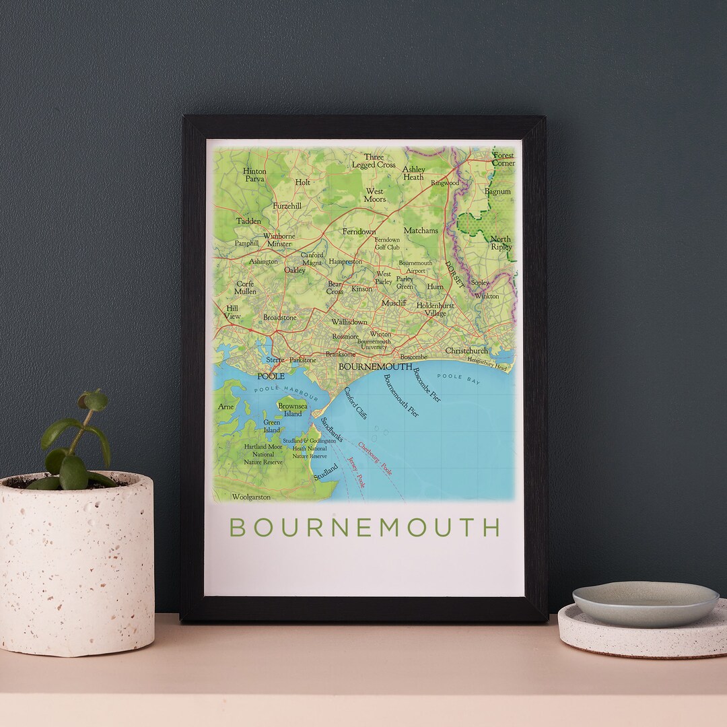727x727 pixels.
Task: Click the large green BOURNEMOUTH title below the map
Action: click(x=364, y=527)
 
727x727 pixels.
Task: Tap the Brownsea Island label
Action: click(x=292, y=410)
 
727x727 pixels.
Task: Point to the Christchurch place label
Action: click(x=466, y=351)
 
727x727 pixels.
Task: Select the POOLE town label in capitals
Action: click(x=271, y=376)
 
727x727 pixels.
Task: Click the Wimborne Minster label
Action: click(x=279, y=240)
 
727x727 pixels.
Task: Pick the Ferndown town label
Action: click(x=359, y=232)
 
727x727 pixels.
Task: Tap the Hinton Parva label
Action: click(x=254, y=175)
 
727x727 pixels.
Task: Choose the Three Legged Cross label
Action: click(x=374, y=161)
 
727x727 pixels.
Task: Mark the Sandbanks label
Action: click(x=331, y=429)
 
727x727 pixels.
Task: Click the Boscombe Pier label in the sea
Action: click(x=427, y=385)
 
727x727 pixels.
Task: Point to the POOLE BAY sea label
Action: click(x=464, y=377)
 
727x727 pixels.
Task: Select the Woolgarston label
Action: click(x=250, y=497)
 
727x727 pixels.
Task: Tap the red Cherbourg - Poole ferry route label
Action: click(x=375, y=459)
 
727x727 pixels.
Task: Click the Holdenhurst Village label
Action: click(x=435, y=309)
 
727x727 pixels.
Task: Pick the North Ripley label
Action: click(x=501, y=243)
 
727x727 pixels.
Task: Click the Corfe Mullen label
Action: click(x=245, y=287)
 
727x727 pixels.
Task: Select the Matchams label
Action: click(x=421, y=230)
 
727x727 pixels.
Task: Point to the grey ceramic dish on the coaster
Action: click(x=645, y=603)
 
